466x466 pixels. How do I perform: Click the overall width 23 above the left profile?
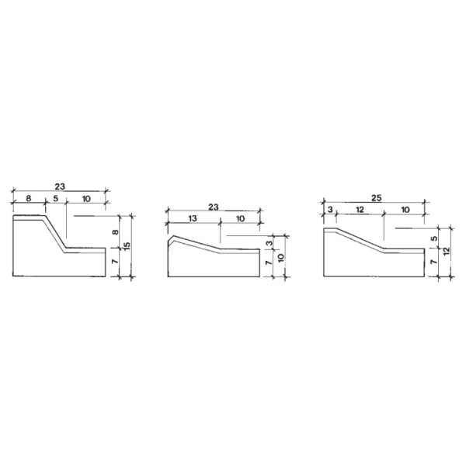(60, 186)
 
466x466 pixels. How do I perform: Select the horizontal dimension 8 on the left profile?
(29, 199)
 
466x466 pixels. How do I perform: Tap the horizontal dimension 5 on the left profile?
(55, 199)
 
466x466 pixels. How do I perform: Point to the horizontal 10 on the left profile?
(85, 199)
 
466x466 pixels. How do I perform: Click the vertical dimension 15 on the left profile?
(127, 245)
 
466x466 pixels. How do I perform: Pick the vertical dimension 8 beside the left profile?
(115, 231)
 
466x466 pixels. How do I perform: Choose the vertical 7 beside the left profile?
(115, 264)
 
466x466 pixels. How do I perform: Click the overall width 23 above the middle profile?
(214, 207)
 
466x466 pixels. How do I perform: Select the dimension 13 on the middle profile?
(193, 219)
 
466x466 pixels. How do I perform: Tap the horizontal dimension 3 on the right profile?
(329, 210)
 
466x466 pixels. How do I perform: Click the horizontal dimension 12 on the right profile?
(359, 210)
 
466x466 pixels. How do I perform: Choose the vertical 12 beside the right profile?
(445, 251)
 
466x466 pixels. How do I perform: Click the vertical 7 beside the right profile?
(433, 264)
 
